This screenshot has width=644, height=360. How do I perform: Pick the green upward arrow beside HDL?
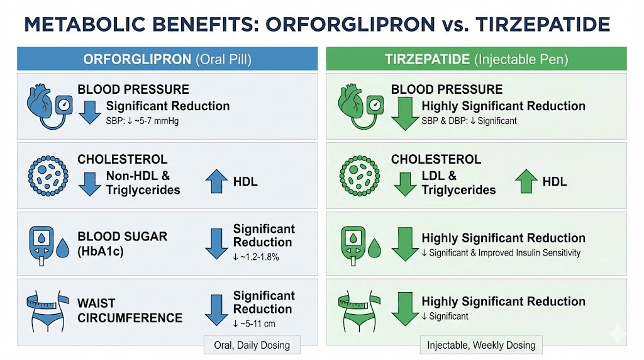526,182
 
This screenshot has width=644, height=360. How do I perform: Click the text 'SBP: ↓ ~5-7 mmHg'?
142,120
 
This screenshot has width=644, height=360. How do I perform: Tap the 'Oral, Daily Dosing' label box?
252,345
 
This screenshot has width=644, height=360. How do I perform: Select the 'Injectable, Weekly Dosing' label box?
481,345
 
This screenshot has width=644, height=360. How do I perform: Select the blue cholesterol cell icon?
48,174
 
